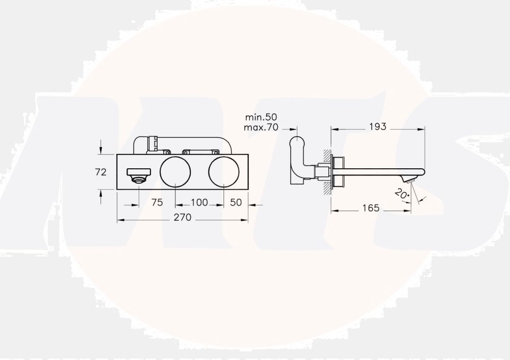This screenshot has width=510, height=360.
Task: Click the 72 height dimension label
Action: click(101, 172)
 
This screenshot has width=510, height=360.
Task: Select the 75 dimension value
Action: click(157, 202)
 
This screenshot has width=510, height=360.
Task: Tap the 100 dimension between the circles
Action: click(199, 202)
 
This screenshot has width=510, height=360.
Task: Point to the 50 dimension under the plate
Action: click(236, 202)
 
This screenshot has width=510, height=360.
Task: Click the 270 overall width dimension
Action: click(183, 217)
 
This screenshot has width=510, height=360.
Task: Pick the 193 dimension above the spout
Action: click(377, 126)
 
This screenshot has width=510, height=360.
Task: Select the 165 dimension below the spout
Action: click(371, 208)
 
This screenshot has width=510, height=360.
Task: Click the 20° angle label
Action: click(401, 194)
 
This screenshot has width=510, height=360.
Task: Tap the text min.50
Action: click(261, 117)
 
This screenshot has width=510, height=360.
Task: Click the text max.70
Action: click(261, 127)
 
